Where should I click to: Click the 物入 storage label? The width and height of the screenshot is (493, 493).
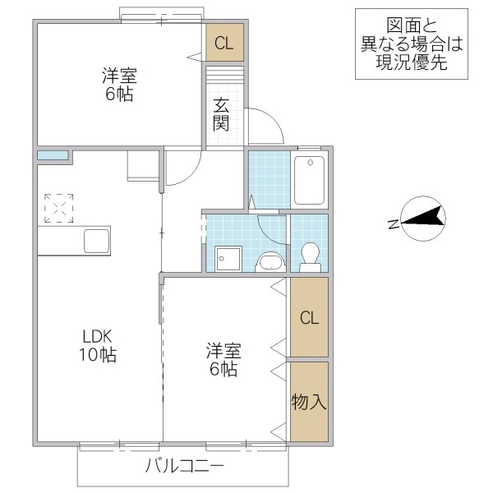point(309,402)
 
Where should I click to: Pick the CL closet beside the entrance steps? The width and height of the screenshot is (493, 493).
point(224,44)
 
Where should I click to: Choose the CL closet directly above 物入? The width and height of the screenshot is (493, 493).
point(309,318)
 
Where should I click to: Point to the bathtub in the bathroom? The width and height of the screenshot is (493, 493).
point(310,180)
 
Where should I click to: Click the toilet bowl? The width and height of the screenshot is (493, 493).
point(310,256)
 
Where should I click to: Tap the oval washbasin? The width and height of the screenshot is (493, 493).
point(269,262)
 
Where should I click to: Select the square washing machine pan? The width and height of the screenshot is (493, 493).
point(227,259)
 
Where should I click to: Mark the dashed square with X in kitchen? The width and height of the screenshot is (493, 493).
point(59,208)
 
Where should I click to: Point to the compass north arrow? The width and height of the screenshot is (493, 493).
point(423,217)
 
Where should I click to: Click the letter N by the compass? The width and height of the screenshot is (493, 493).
point(394,223)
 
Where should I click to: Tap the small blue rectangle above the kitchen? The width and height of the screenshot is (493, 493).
point(52,154)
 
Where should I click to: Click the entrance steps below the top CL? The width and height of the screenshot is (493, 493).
point(224,74)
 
